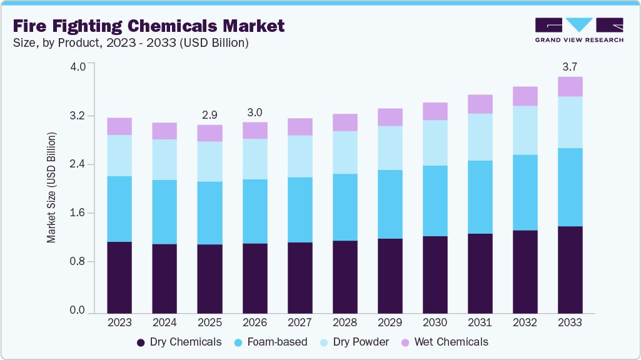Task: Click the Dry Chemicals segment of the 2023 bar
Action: (119, 277)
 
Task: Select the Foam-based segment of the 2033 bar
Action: (570, 187)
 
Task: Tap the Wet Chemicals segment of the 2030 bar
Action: (435, 111)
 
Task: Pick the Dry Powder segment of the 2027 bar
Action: (300, 156)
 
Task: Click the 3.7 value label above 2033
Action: (570, 67)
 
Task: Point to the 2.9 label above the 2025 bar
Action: (209, 115)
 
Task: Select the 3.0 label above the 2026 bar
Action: (255, 112)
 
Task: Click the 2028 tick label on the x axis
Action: (345, 322)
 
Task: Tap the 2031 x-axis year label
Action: (480, 322)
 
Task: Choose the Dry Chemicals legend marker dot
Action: (141, 342)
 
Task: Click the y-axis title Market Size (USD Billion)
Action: (52, 187)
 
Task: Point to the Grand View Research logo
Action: (578, 29)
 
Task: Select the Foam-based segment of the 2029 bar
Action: (390, 204)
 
